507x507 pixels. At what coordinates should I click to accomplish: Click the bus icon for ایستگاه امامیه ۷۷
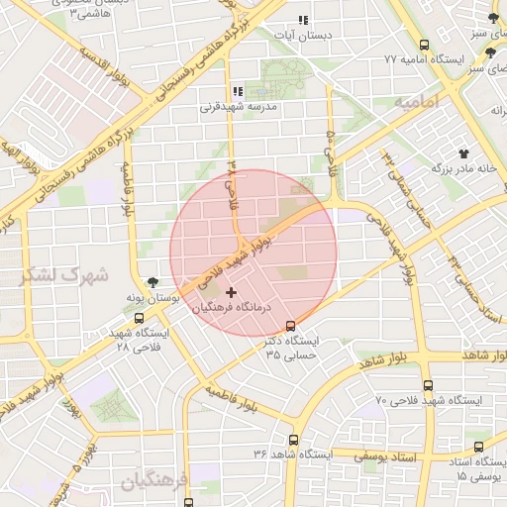tap(425, 45)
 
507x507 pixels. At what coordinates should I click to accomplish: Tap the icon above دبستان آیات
tap(303, 20)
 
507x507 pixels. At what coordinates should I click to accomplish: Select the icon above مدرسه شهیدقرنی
tap(238, 91)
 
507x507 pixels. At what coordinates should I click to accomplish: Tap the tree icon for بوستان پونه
tap(152, 282)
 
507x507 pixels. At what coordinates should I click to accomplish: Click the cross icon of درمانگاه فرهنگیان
tap(232, 292)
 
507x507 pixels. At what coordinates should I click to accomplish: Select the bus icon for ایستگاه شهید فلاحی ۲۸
tap(138, 319)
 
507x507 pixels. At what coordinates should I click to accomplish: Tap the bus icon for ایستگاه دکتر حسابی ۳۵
tap(290, 326)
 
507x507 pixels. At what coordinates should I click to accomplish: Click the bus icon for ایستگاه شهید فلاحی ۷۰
tap(428, 385)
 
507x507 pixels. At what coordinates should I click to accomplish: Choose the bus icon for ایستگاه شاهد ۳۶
tap(293, 439)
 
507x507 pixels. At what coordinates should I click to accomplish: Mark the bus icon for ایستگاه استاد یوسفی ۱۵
tap(479, 448)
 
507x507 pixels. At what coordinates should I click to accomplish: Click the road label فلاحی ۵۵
tap(329, 153)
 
